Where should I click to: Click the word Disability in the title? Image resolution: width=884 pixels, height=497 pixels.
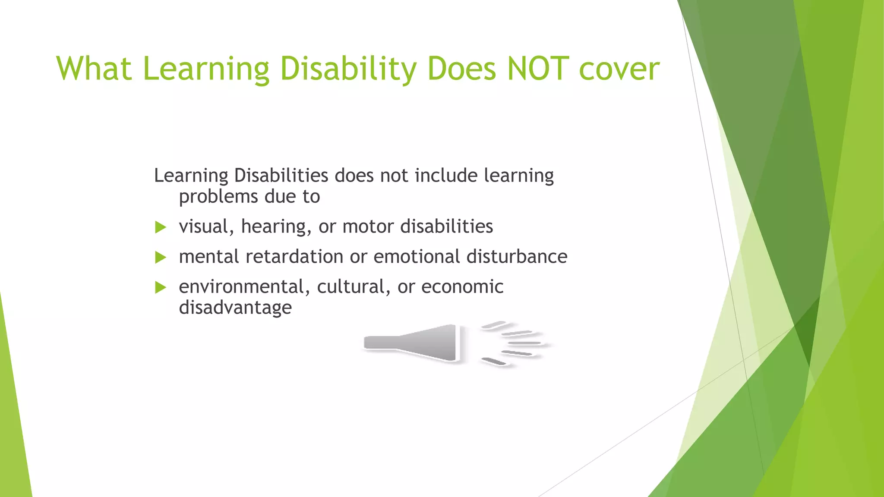pyautogui.click(x=348, y=69)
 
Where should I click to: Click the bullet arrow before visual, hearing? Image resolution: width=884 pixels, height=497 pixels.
pyautogui.click(x=161, y=227)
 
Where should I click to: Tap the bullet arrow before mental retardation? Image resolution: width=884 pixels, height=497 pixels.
pyautogui.click(x=161, y=258)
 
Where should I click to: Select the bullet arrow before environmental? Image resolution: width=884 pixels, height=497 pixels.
pyautogui.click(x=161, y=287)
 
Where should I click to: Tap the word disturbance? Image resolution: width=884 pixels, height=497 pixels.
pyautogui.click(x=517, y=257)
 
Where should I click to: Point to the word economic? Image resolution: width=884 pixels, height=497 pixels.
pyautogui.click(x=462, y=286)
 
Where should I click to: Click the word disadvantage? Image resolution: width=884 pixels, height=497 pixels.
pyautogui.click(x=235, y=308)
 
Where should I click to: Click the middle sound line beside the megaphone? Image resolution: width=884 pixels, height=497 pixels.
pyautogui.click(x=524, y=343)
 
